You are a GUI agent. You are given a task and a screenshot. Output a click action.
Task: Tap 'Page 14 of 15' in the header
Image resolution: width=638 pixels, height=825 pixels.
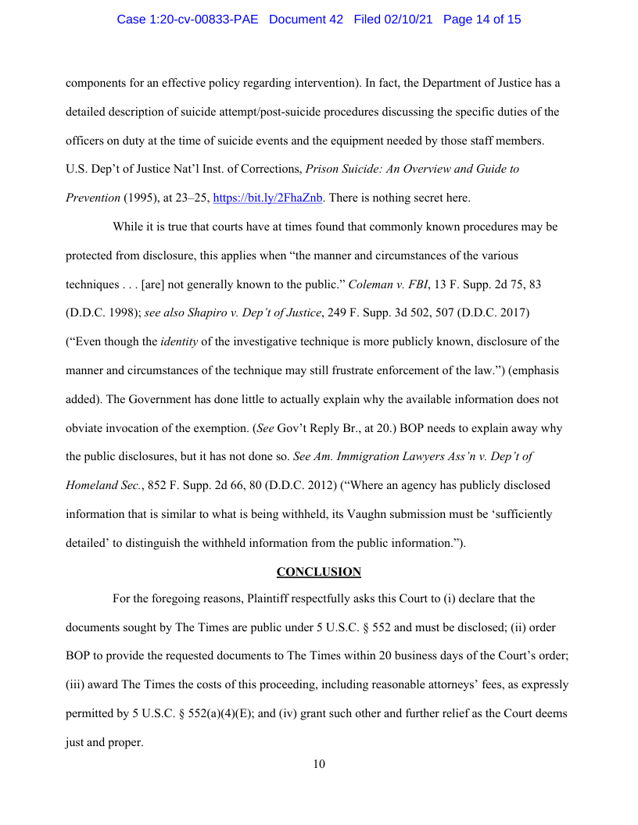(482, 20)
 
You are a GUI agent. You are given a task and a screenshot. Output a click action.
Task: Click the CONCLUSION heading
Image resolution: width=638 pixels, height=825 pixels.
(319, 572)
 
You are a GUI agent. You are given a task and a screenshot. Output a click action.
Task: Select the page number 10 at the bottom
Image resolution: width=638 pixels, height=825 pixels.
(319, 764)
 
